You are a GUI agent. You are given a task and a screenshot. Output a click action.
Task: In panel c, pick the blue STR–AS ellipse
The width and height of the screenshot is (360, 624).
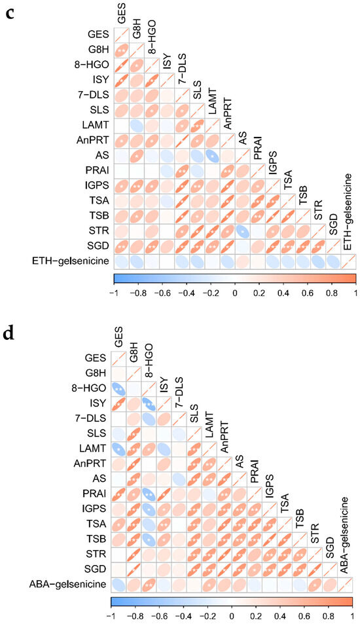click(x=243, y=215)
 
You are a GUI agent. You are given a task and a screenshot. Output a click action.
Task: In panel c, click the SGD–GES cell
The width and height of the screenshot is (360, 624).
click(x=122, y=229)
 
